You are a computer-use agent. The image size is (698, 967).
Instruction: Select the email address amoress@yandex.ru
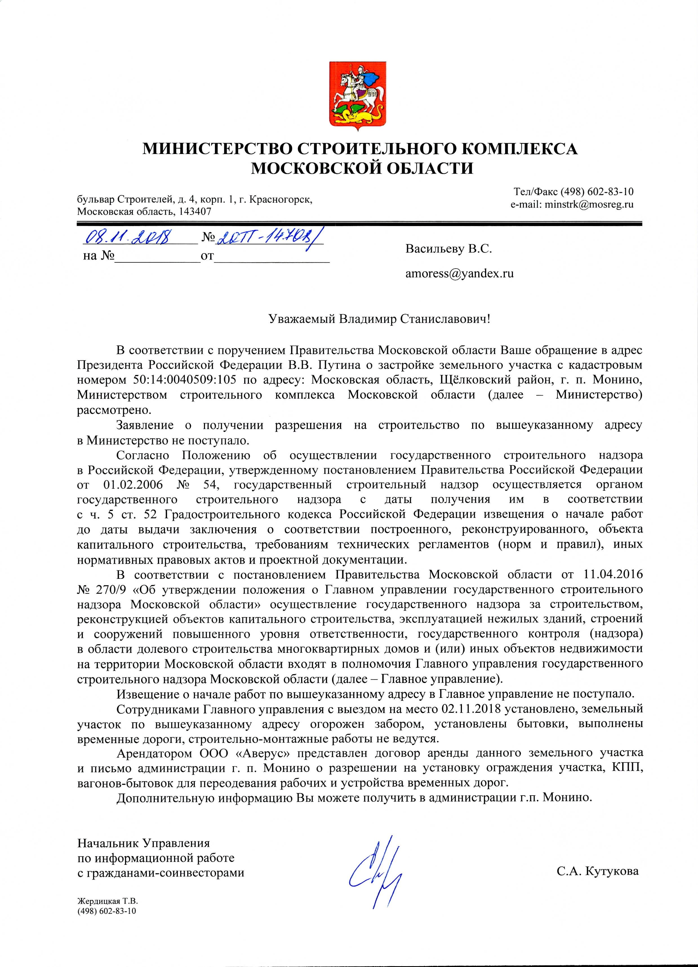(459, 274)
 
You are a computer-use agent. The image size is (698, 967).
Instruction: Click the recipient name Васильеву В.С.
(448, 249)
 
